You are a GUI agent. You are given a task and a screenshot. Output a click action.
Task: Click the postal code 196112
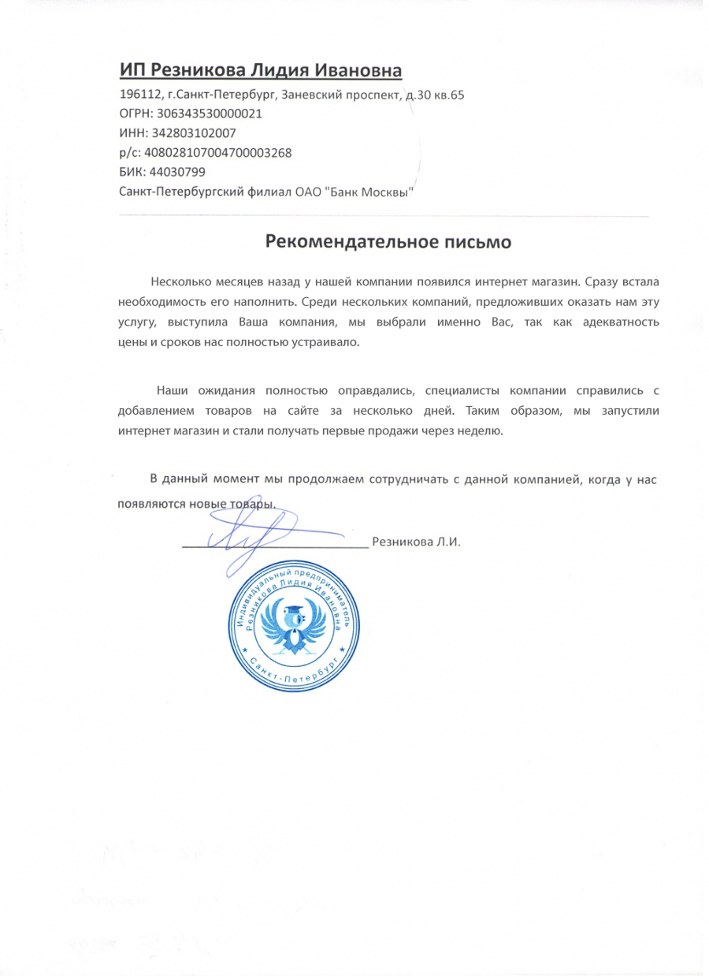point(137,95)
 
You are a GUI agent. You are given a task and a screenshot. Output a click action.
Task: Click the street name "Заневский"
point(311,95)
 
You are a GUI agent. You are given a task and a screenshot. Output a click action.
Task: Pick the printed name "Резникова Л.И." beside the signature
point(421,542)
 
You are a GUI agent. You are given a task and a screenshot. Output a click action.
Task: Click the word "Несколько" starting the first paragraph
point(176,281)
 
